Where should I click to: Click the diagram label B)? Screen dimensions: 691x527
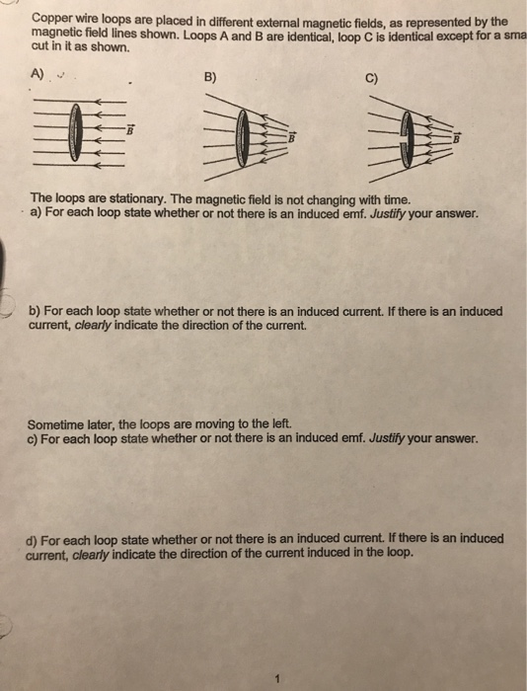pyautogui.click(x=209, y=74)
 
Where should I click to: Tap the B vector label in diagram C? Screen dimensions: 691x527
pyautogui.click(x=455, y=137)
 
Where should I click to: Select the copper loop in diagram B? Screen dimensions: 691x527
pyautogui.click(x=243, y=136)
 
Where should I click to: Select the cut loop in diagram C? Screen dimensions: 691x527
pyautogui.click(x=405, y=137)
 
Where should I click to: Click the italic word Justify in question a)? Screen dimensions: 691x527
pyautogui.click(x=396, y=213)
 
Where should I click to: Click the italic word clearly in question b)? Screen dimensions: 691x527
pyautogui.click(x=86, y=324)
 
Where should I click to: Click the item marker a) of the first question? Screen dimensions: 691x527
pyautogui.click(x=37, y=213)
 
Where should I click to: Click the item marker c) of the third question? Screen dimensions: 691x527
pyautogui.click(x=36, y=439)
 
